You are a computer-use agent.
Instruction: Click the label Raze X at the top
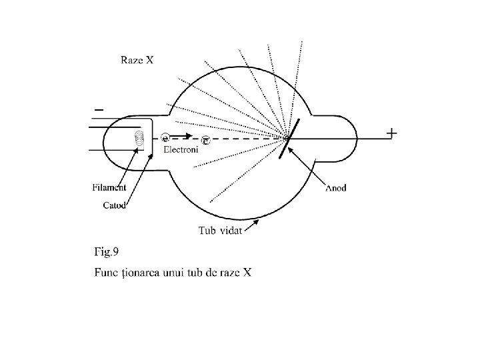(137, 60)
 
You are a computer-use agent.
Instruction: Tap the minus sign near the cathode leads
(99, 108)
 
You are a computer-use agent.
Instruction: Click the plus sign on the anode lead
(392, 133)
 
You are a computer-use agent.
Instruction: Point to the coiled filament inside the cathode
(139, 138)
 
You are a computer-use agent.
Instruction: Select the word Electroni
(181, 150)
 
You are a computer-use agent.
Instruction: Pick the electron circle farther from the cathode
(205, 140)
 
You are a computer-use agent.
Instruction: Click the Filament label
(109, 187)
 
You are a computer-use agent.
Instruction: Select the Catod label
(115, 205)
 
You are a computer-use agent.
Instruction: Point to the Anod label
(335, 188)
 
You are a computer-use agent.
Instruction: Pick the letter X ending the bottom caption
(246, 272)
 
